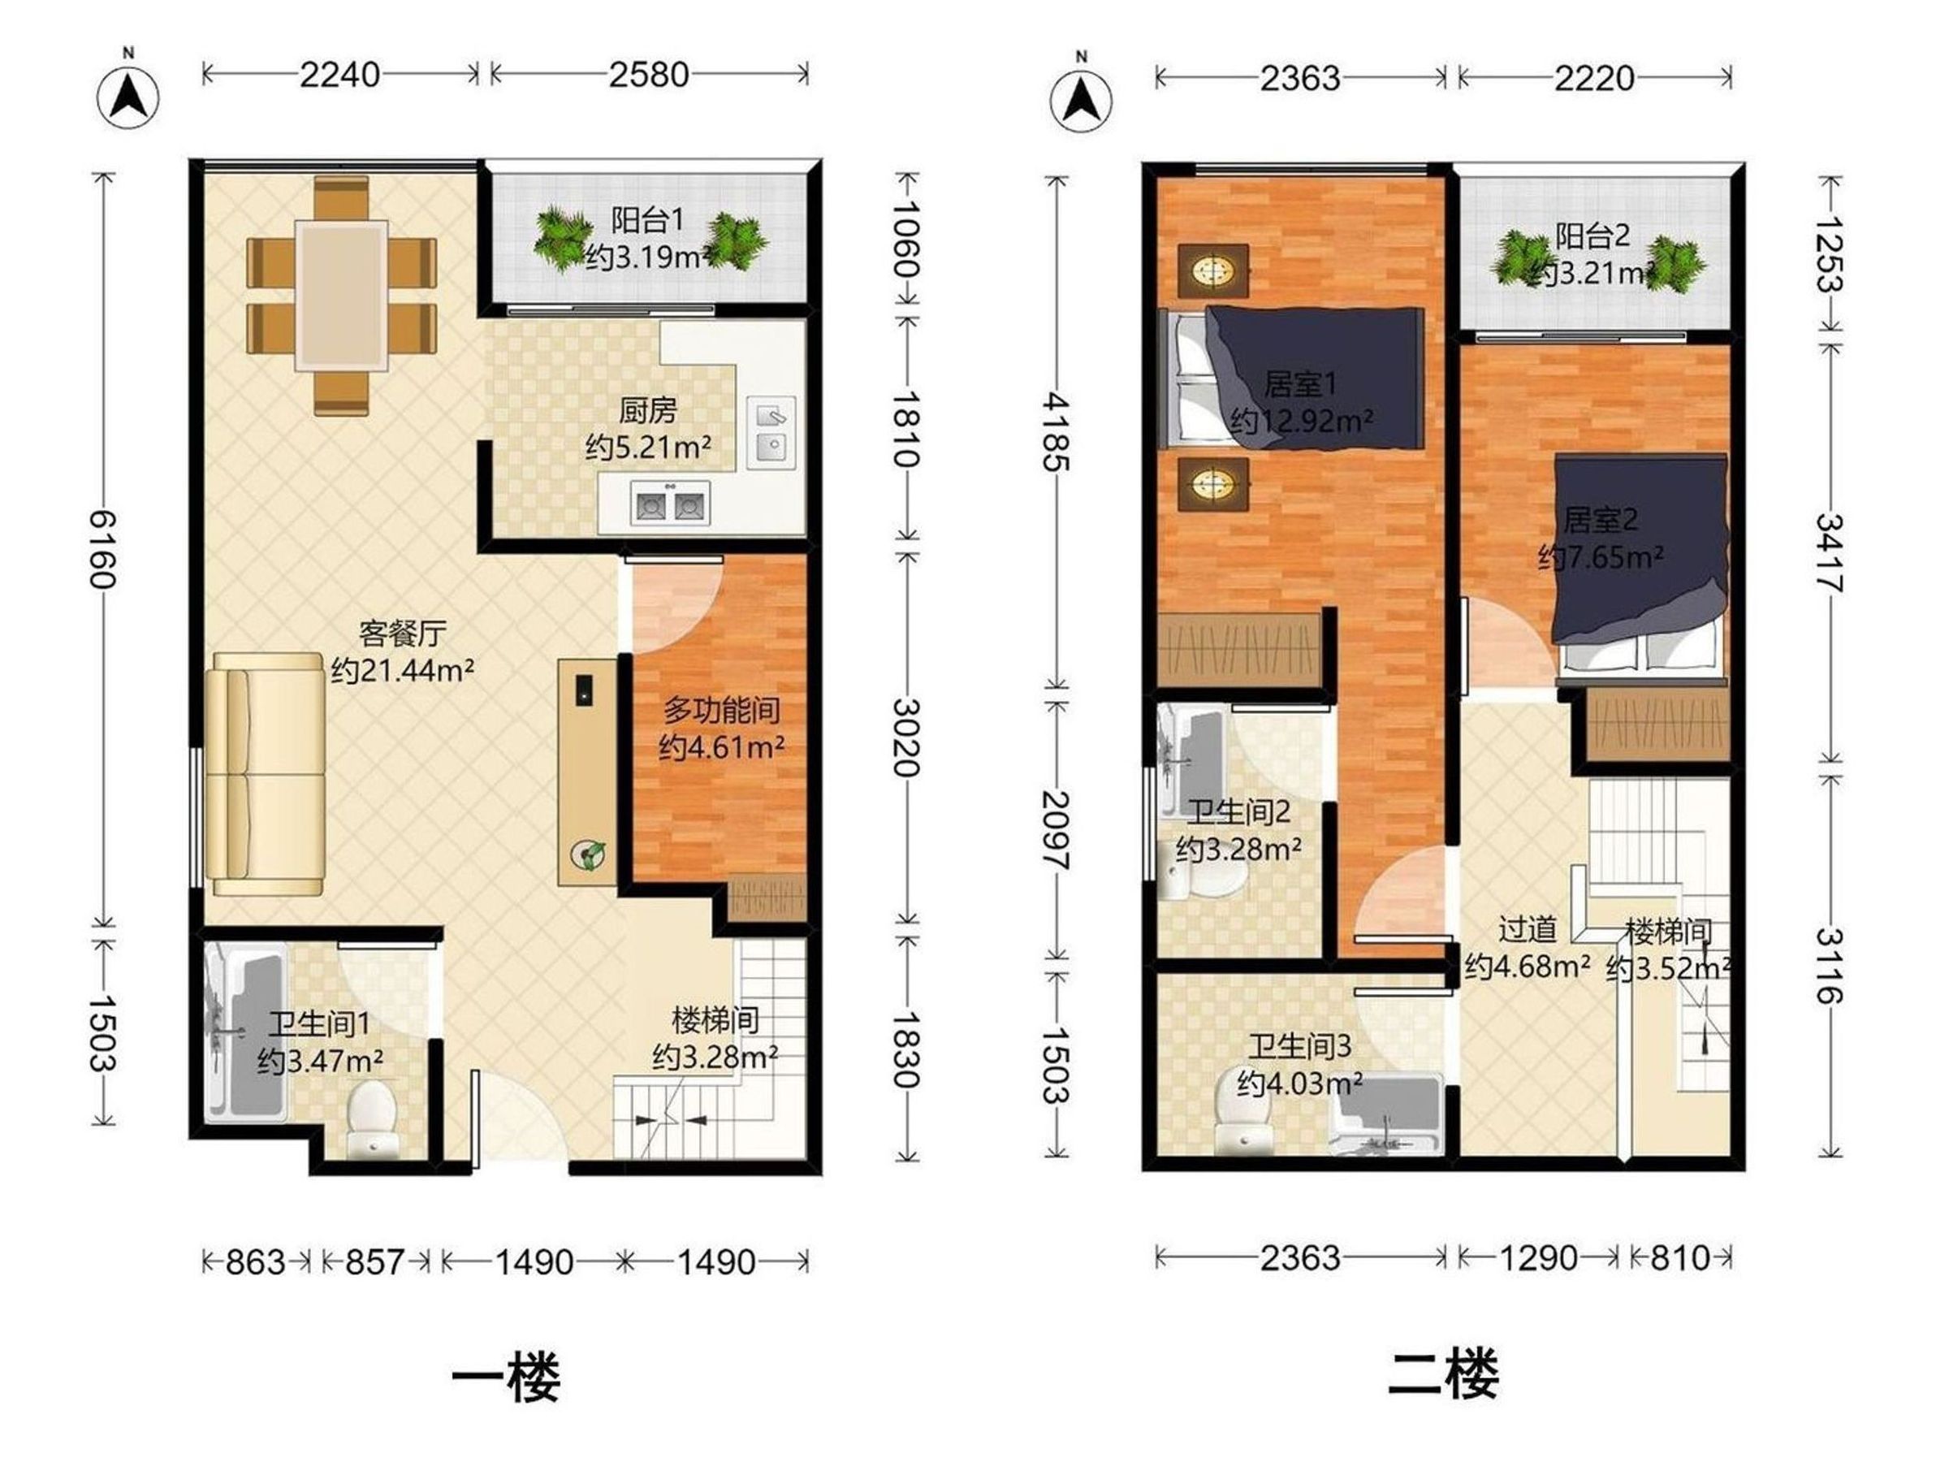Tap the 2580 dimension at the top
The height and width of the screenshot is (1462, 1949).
click(649, 75)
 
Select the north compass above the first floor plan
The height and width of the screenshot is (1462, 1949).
click(128, 93)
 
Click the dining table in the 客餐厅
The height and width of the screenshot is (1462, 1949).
click(342, 295)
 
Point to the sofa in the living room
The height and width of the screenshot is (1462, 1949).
click(266, 775)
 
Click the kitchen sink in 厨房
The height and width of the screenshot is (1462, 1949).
click(771, 431)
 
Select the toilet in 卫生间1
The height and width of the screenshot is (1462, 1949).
click(370, 1120)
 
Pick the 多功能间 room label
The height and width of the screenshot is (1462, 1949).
click(722, 709)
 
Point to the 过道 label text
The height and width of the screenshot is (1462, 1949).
click(1527, 929)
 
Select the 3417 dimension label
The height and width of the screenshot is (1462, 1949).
click(1829, 552)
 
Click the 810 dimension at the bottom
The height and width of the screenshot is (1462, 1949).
click(1680, 1257)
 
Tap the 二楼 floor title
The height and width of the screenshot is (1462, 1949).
click(1443, 1374)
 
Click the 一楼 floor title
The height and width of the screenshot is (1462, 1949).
click(506, 1376)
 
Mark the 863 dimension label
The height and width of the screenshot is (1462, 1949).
click(256, 1262)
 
